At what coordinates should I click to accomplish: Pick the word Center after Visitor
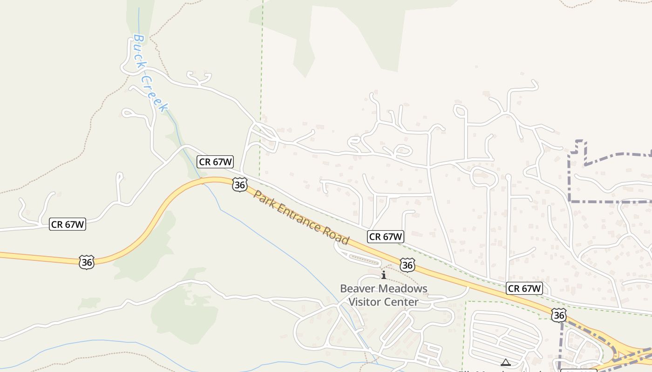pos(402,302)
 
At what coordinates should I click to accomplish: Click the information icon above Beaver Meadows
pos(384,275)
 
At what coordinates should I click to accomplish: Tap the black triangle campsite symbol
pos(505,362)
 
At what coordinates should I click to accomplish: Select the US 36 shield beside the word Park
pos(239,185)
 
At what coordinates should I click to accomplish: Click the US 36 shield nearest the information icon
pos(407,265)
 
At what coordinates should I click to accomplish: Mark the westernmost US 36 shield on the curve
pos(87,262)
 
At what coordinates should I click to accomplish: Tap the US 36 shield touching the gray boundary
pos(559,315)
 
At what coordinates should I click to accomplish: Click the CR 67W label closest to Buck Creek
pos(215,162)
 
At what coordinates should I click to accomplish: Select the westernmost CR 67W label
pos(68,224)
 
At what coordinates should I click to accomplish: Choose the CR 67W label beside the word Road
pos(385,236)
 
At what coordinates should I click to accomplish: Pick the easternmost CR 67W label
pos(524,288)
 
